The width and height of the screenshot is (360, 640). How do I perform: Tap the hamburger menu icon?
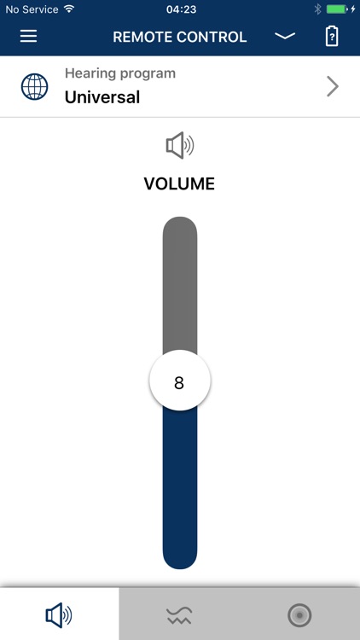pos(28,37)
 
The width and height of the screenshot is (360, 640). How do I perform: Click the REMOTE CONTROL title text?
pos(180,38)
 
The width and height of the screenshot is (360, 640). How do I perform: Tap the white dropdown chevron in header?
pos(285,37)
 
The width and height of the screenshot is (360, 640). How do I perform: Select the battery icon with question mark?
pos(332,37)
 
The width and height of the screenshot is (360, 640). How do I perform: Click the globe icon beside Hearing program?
pos(34,86)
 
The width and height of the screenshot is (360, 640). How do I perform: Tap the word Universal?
pos(102,97)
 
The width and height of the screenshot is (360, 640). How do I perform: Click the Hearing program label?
pos(120,73)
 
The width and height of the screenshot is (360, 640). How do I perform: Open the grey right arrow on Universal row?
pos(333,86)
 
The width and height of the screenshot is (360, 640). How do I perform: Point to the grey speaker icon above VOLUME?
pos(180,145)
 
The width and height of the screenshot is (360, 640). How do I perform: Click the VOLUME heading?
pos(179,184)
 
